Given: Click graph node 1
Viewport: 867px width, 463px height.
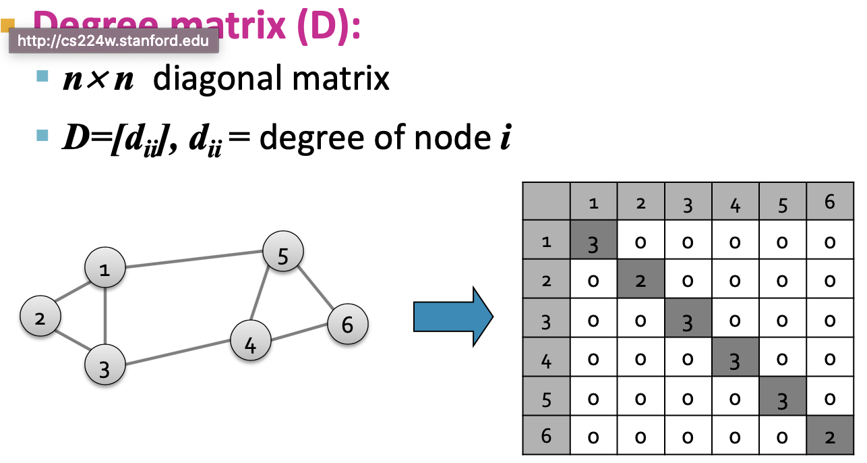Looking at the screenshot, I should pos(104,269).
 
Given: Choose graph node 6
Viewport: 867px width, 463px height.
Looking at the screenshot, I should pos(348,324).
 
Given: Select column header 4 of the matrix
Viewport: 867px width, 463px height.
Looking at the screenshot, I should pos(735,203).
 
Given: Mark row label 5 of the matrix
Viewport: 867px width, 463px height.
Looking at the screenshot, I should pos(547,398).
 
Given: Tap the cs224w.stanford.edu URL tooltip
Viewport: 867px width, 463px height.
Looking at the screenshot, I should pos(113,40).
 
